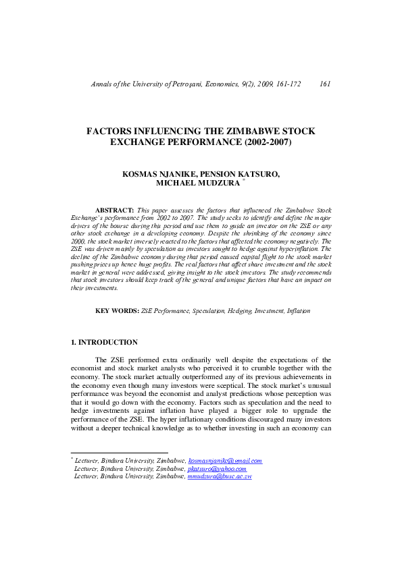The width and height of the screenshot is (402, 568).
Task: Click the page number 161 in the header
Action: pos(324,84)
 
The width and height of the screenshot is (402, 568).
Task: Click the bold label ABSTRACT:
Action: pos(115,211)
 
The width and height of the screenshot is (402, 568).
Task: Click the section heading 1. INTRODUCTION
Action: pos(104,342)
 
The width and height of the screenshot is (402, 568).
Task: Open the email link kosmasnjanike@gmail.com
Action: pos(225,461)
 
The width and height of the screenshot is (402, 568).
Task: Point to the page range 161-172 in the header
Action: pos(285,84)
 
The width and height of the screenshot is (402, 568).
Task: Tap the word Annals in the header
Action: pos(101,84)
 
